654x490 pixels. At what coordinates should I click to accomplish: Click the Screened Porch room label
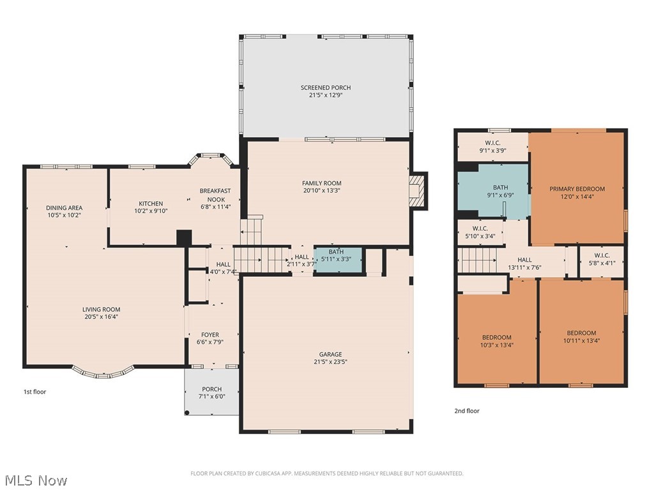[x=325, y=87]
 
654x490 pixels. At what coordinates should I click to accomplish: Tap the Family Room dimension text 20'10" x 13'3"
[x=322, y=191]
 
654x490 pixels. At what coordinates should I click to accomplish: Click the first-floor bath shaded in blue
[x=338, y=260]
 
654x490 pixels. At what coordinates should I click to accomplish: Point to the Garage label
[x=330, y=354]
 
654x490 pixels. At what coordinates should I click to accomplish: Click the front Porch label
[x=212, y=389]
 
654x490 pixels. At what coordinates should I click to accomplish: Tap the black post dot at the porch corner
[x=187, y=413]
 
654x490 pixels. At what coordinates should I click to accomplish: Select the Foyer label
[x=210, y=334]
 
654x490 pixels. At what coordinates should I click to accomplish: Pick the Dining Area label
[x=65, y=207]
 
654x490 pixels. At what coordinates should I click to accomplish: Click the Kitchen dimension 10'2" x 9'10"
[x=151, y=211]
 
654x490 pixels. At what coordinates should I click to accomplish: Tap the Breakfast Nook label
[x=215, y=195]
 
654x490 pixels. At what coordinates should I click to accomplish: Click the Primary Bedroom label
[x=577, y=189]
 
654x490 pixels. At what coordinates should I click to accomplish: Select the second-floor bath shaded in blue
[x=494, y=190]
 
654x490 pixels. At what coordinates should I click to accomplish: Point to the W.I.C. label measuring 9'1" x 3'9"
[x=492, y=143]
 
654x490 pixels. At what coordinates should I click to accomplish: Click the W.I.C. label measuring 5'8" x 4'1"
[x=602, y=255]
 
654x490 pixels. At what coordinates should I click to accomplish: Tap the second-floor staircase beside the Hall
[x=477, y=260]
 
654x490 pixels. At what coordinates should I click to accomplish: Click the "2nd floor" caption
[x=467, y=411]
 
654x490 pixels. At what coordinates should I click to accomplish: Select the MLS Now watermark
[x=34, y=480]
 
